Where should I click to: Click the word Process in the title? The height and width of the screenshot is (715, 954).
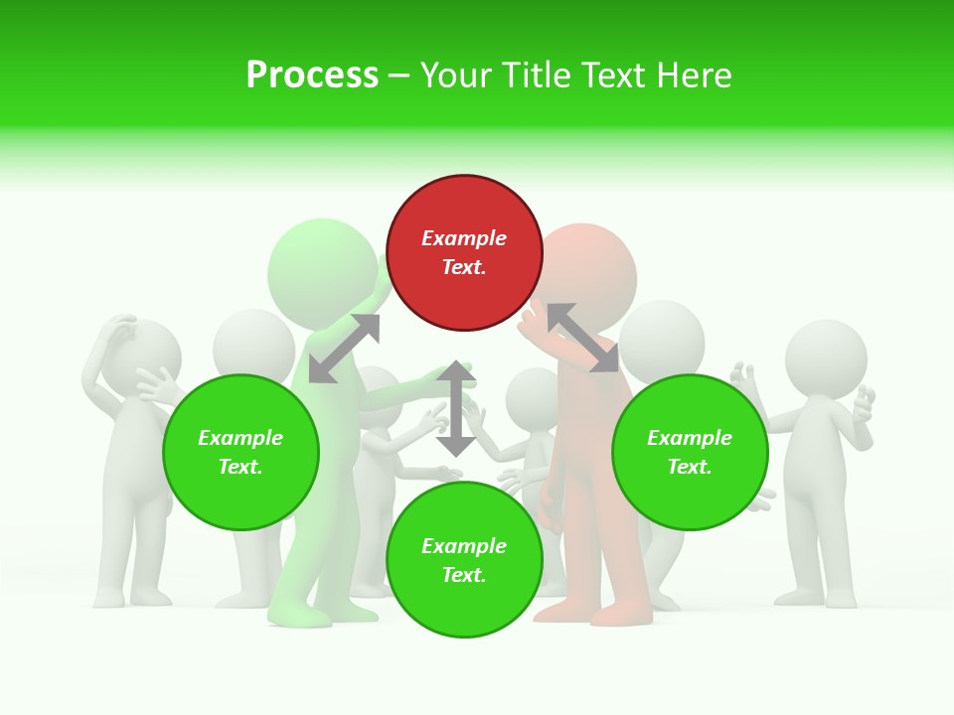click(x=312, y=75)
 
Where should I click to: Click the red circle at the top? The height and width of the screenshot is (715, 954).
click(x=464, y=252)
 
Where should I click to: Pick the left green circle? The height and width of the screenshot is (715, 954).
click(x=240, y=452)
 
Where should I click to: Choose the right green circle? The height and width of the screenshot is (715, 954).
click(x=690, y=452)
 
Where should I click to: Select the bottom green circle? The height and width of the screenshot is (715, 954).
click(x=464, y=560)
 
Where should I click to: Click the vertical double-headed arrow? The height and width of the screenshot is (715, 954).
click(x=455, y=408)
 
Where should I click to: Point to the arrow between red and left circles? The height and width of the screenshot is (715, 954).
click(x=344, y=349)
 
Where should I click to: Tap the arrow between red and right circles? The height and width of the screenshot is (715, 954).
click(x=582, y=338)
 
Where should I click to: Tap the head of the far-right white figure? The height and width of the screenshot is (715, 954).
click(x=826, y=358)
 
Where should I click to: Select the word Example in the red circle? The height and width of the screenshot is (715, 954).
click(x=464, y=238)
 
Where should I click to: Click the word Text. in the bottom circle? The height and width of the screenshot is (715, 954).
click(x=464, y=575)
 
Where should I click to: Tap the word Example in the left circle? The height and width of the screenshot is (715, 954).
click(x=240, y=438)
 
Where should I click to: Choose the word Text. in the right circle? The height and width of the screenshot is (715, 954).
click(x=690, y=467)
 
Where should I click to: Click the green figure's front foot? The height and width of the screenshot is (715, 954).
click(x=298, y=618)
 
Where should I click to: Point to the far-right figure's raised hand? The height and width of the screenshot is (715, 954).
click(x=863, y=402)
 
